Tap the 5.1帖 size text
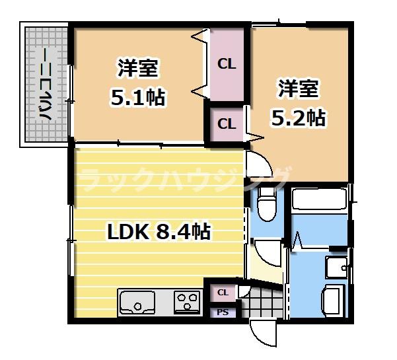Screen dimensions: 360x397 point(137,98)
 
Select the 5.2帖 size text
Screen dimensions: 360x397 point(298,118)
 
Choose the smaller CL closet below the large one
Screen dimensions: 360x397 point(226,124)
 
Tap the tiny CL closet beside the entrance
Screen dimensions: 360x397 point(223,292)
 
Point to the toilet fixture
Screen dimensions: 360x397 point(267,204)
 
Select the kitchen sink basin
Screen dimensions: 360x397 point(139,305)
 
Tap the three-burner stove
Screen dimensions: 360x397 point(187,303)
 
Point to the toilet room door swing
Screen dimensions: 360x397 point(268,253)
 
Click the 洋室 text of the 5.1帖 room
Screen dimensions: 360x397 point(137,67)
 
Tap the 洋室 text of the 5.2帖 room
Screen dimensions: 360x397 point(298,88)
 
